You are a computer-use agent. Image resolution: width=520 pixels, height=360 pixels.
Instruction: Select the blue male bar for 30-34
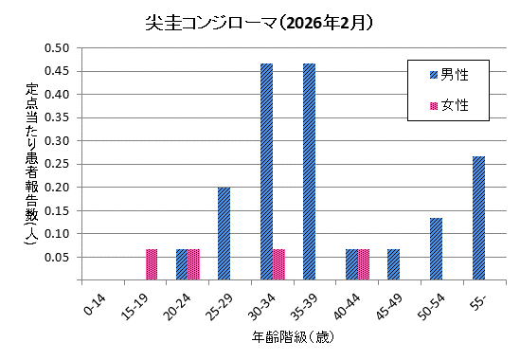266,171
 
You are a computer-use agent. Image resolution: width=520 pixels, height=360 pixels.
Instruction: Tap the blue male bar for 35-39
309,171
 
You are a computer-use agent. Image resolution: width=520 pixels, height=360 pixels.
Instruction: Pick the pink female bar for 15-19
152,264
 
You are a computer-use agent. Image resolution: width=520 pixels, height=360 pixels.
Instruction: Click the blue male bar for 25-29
224,233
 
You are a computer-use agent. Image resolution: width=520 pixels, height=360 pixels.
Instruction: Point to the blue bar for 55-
478,218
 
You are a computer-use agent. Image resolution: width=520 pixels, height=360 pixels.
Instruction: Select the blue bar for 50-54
436,249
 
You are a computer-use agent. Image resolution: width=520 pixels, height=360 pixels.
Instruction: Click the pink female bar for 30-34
278,264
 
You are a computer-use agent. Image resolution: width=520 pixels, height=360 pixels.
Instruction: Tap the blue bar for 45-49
393,264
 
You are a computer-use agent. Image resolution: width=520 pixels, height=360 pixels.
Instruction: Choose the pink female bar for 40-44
364,264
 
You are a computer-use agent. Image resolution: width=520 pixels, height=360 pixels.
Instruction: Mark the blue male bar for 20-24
182,264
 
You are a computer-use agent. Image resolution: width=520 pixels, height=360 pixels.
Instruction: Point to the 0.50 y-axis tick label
58,48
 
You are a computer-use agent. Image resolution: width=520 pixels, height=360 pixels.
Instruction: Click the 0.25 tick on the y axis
58,164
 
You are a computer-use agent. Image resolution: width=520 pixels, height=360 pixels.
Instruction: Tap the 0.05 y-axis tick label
58,257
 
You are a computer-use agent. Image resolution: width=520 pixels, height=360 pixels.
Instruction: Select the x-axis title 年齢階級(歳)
291,337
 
